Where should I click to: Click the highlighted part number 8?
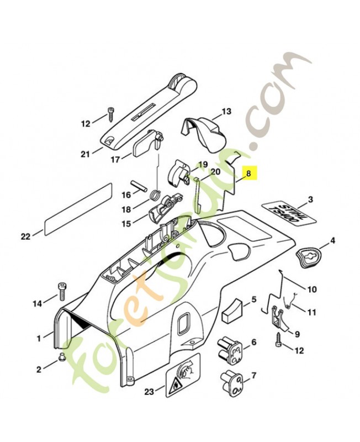(249, 173)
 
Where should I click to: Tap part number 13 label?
(226, 112)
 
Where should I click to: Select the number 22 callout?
(25, 236)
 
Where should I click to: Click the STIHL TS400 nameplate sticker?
(284, 214)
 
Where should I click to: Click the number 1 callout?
(39, 336)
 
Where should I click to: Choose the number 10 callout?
(312, 289)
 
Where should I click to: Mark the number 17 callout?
(115, 160)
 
